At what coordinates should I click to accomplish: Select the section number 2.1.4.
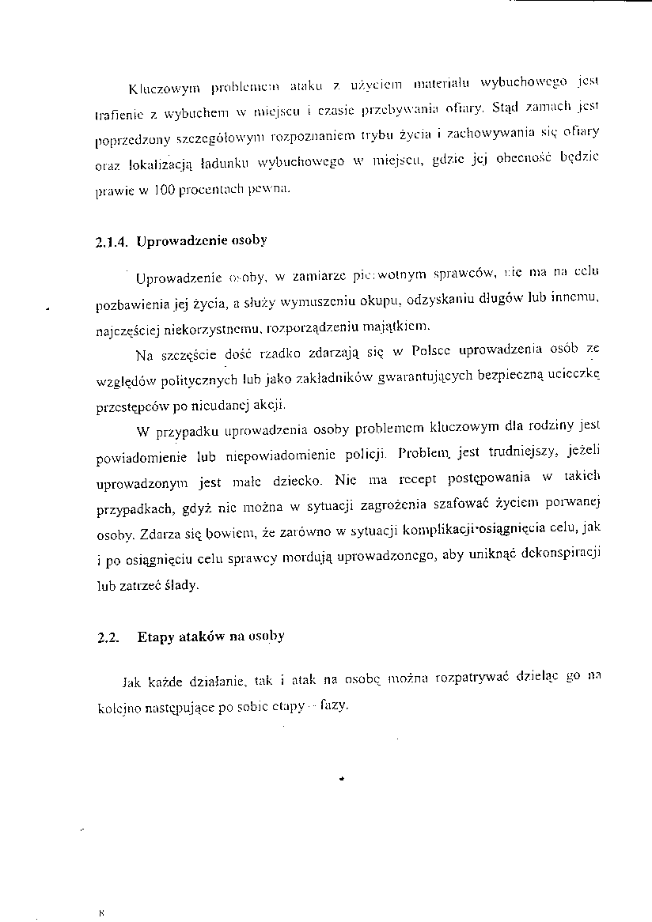point(111,241)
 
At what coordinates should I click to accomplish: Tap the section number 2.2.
point(104,637)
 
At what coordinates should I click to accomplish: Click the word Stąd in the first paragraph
point(504,105)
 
